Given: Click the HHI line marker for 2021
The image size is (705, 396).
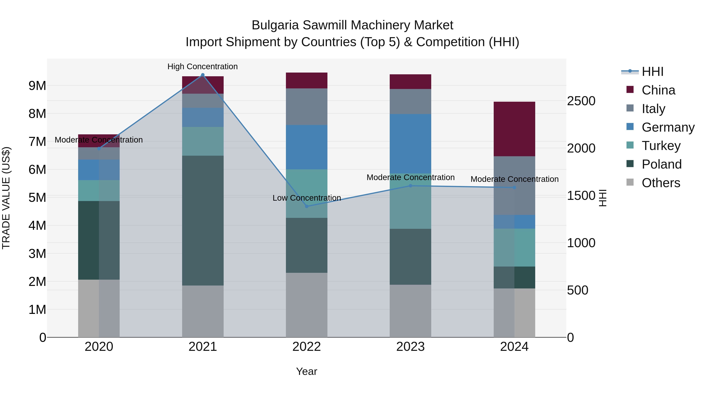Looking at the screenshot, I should point(202,75).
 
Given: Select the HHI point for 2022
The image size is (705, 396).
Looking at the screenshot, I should point(306,206).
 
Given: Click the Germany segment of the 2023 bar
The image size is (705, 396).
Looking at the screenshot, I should point(410,144).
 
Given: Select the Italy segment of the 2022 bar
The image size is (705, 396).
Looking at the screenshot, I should point(306,107).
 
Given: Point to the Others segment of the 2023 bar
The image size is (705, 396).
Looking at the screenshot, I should point(410,311).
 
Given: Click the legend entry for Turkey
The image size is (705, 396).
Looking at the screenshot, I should point(661,146).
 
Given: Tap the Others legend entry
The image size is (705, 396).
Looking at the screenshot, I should point(661,183).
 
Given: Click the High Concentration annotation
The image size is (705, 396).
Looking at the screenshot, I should point(202,66).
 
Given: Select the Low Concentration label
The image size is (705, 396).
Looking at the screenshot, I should point(306,198).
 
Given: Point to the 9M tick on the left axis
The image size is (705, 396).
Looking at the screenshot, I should point(37,85).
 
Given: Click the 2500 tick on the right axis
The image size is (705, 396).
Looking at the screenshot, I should point(581,101).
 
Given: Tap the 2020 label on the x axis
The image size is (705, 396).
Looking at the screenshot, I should point(99,347).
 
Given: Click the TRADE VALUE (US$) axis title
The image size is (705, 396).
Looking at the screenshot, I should point(6,198).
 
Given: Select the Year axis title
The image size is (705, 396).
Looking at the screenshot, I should point(306,371).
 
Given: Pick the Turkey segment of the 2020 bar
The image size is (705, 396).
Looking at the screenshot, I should point(99,190).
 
